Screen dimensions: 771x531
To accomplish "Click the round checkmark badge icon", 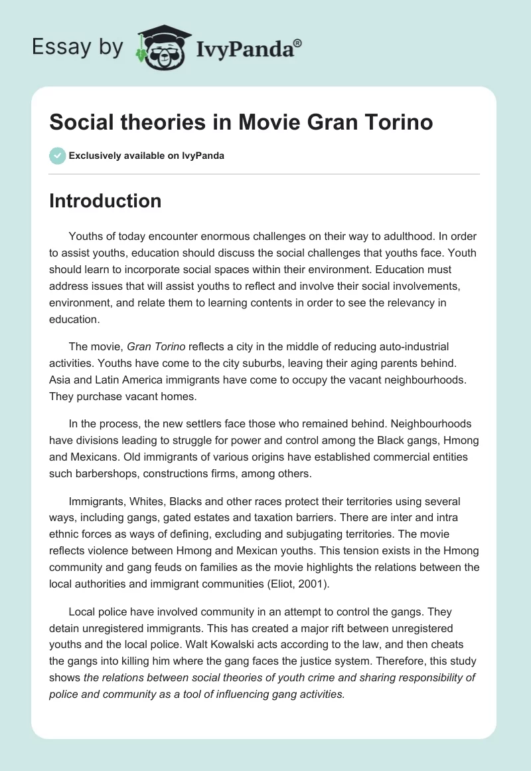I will tap(57, 156).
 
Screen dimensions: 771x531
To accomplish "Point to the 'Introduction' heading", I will tap(106, 201).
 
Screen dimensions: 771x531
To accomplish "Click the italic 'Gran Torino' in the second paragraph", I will tap(156, 346).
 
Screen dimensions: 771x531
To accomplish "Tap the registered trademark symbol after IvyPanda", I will tap(297, 42).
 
